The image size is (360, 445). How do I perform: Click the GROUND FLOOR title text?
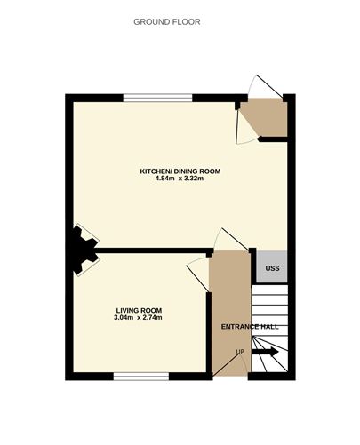pos(166,21)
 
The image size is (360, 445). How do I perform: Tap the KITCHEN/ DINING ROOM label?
pos(180,171)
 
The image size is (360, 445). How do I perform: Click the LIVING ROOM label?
pos(138,310)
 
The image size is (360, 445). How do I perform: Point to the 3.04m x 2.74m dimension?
pos(138,318)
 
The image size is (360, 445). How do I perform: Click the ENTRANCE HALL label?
pos(250,326)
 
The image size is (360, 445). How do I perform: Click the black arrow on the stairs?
pos(266,352)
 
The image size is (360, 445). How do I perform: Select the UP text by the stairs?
pos(239,352)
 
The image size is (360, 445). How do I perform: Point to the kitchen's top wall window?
pos(157,97)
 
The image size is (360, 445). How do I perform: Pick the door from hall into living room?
pos(198,271)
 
